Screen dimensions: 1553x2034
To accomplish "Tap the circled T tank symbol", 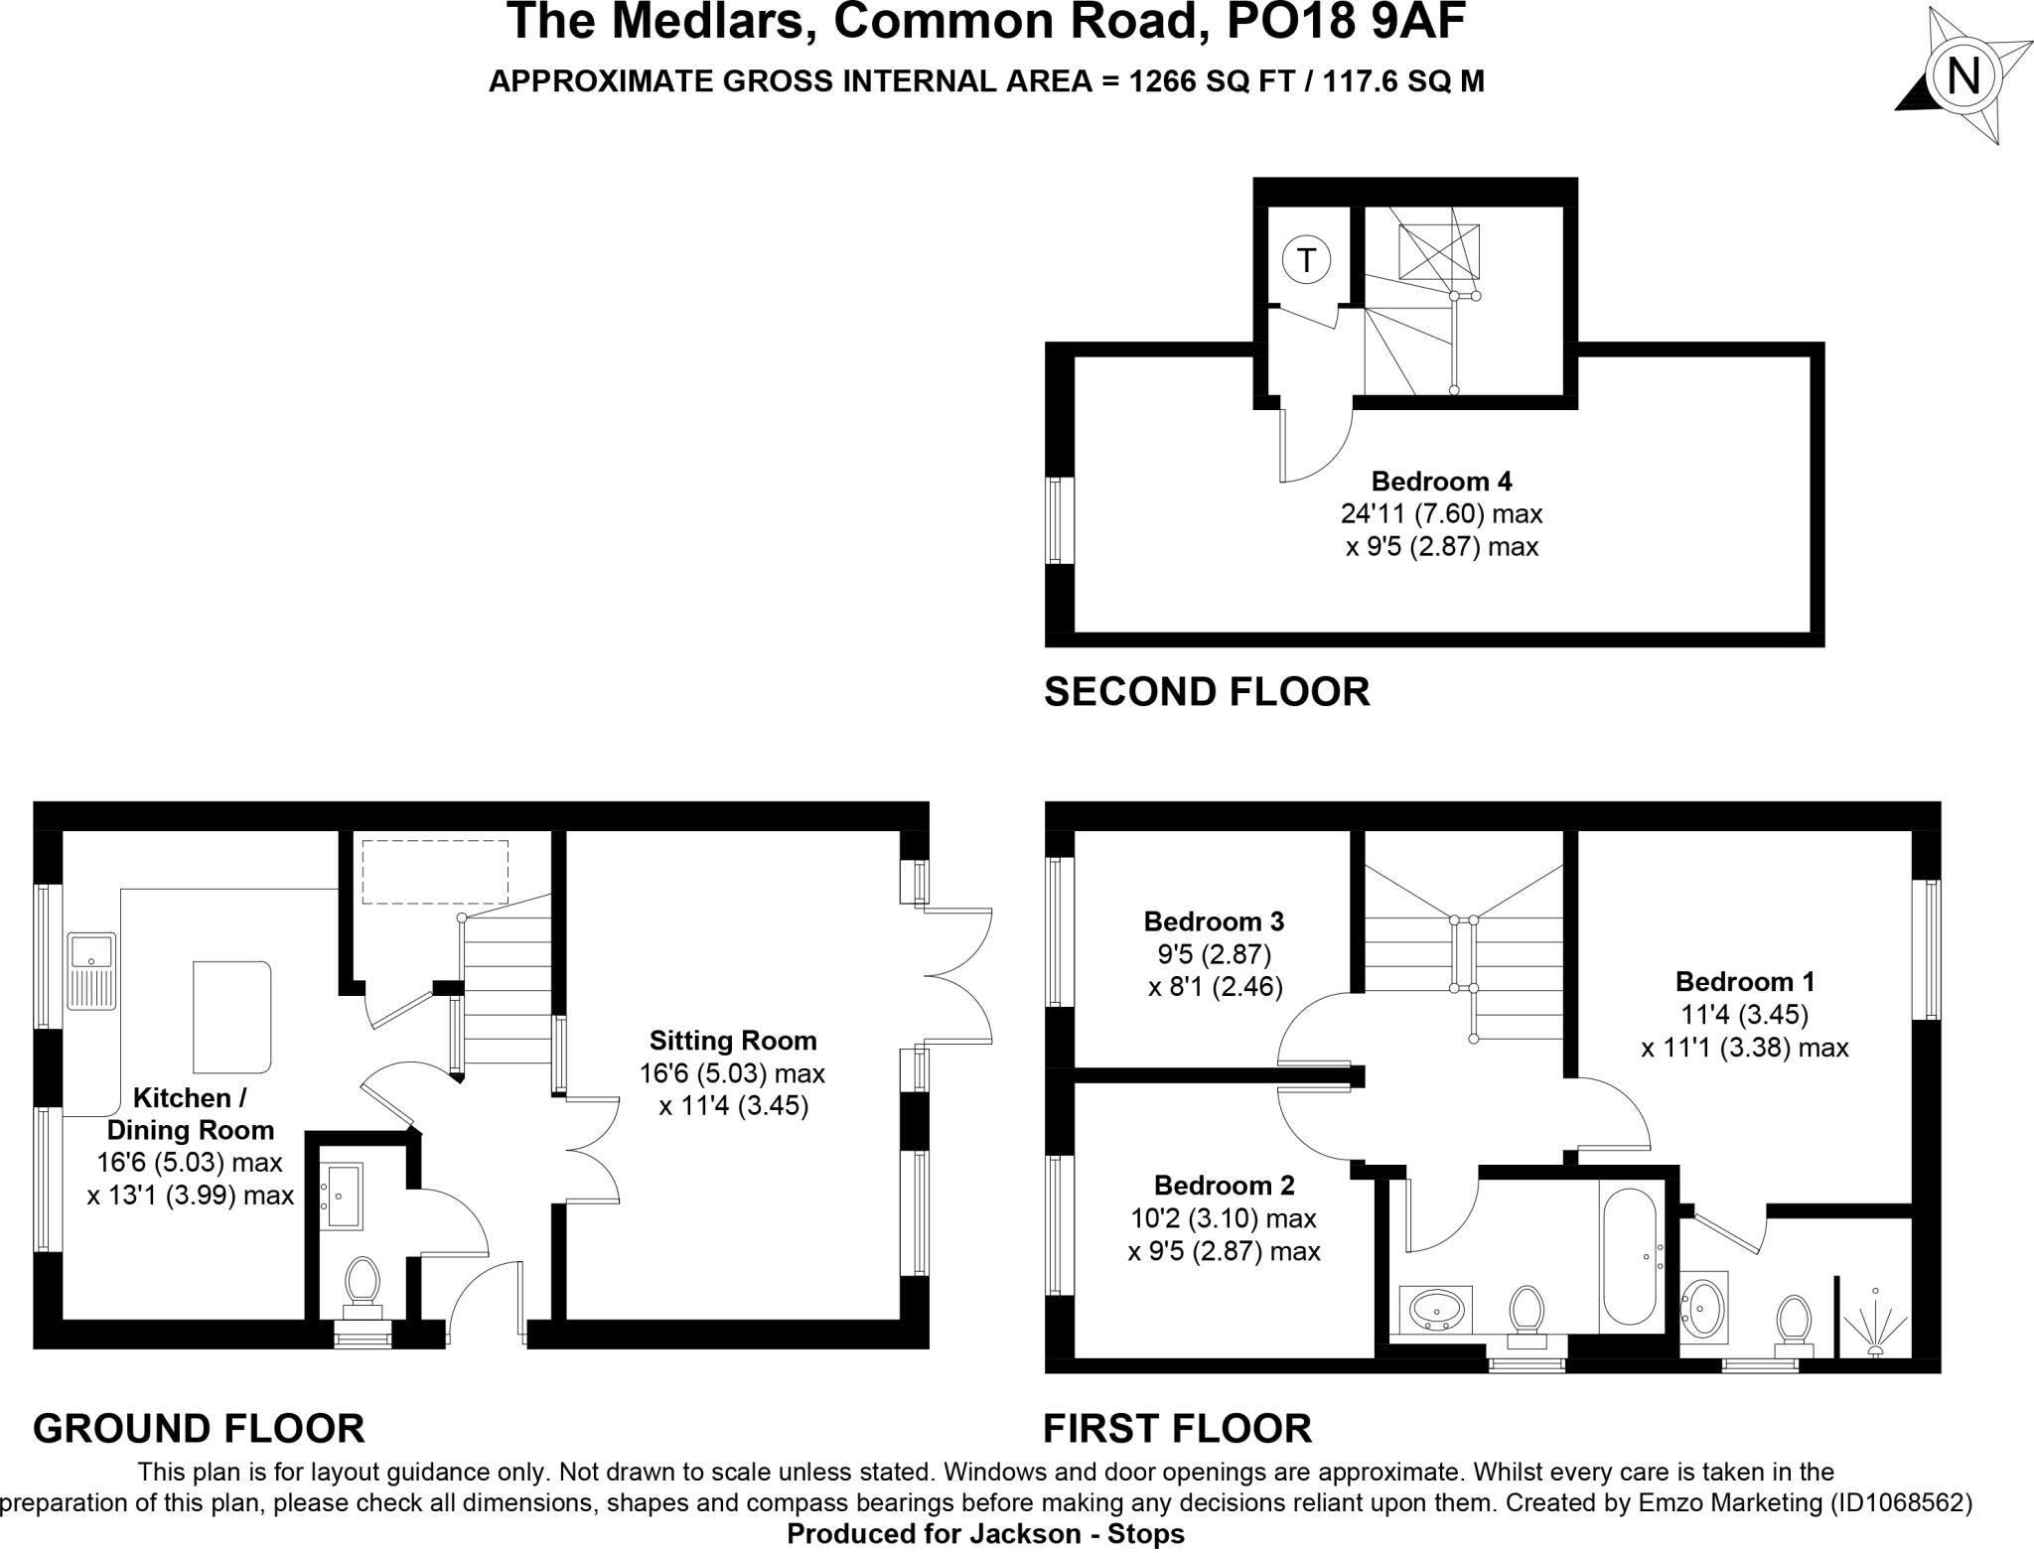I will pos(1306,261).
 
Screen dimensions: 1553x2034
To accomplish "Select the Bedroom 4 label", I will pos(1441,482).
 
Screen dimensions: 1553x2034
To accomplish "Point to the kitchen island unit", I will pos(231,1016).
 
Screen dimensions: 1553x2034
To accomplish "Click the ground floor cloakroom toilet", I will pos(362,1284).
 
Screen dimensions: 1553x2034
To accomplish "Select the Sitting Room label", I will pos(733,1041).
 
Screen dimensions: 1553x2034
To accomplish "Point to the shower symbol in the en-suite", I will pos(1875,1322).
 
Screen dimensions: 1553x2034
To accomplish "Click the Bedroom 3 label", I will pos(1214,921).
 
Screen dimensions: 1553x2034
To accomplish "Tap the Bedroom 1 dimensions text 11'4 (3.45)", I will pos(1744,1015).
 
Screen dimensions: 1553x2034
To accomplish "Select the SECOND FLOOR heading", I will pos(1207,692).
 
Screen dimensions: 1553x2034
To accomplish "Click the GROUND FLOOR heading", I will pos(199,1429).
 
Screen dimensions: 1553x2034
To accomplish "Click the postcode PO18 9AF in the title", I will pos(1347,22).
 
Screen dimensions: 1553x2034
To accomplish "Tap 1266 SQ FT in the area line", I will pos(1211,81).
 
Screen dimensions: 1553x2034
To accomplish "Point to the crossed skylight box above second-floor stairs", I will pos(1438,251).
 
